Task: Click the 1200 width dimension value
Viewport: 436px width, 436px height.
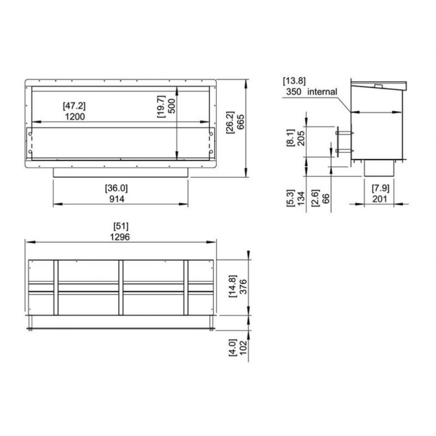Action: tap(75, 117)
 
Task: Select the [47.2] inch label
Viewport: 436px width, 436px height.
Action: tap(74, 106)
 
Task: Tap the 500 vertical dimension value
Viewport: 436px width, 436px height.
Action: tap(172, 106)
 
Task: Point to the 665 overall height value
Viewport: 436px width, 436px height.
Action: tap(240, 122)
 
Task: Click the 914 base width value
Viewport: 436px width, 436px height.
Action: tap(117, 199)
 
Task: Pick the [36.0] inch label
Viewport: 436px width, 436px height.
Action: tap(116, 188)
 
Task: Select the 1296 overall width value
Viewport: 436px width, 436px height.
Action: tap(120, 237)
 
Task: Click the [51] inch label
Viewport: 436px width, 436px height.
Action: tap(121, 226)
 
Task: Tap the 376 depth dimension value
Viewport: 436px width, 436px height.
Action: tap(243, 287)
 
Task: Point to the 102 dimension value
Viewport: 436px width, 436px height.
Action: tap(243, 348)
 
